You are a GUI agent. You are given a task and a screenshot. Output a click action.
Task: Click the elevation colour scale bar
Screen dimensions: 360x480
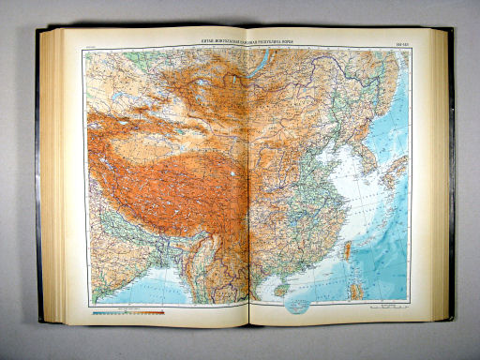131,313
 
